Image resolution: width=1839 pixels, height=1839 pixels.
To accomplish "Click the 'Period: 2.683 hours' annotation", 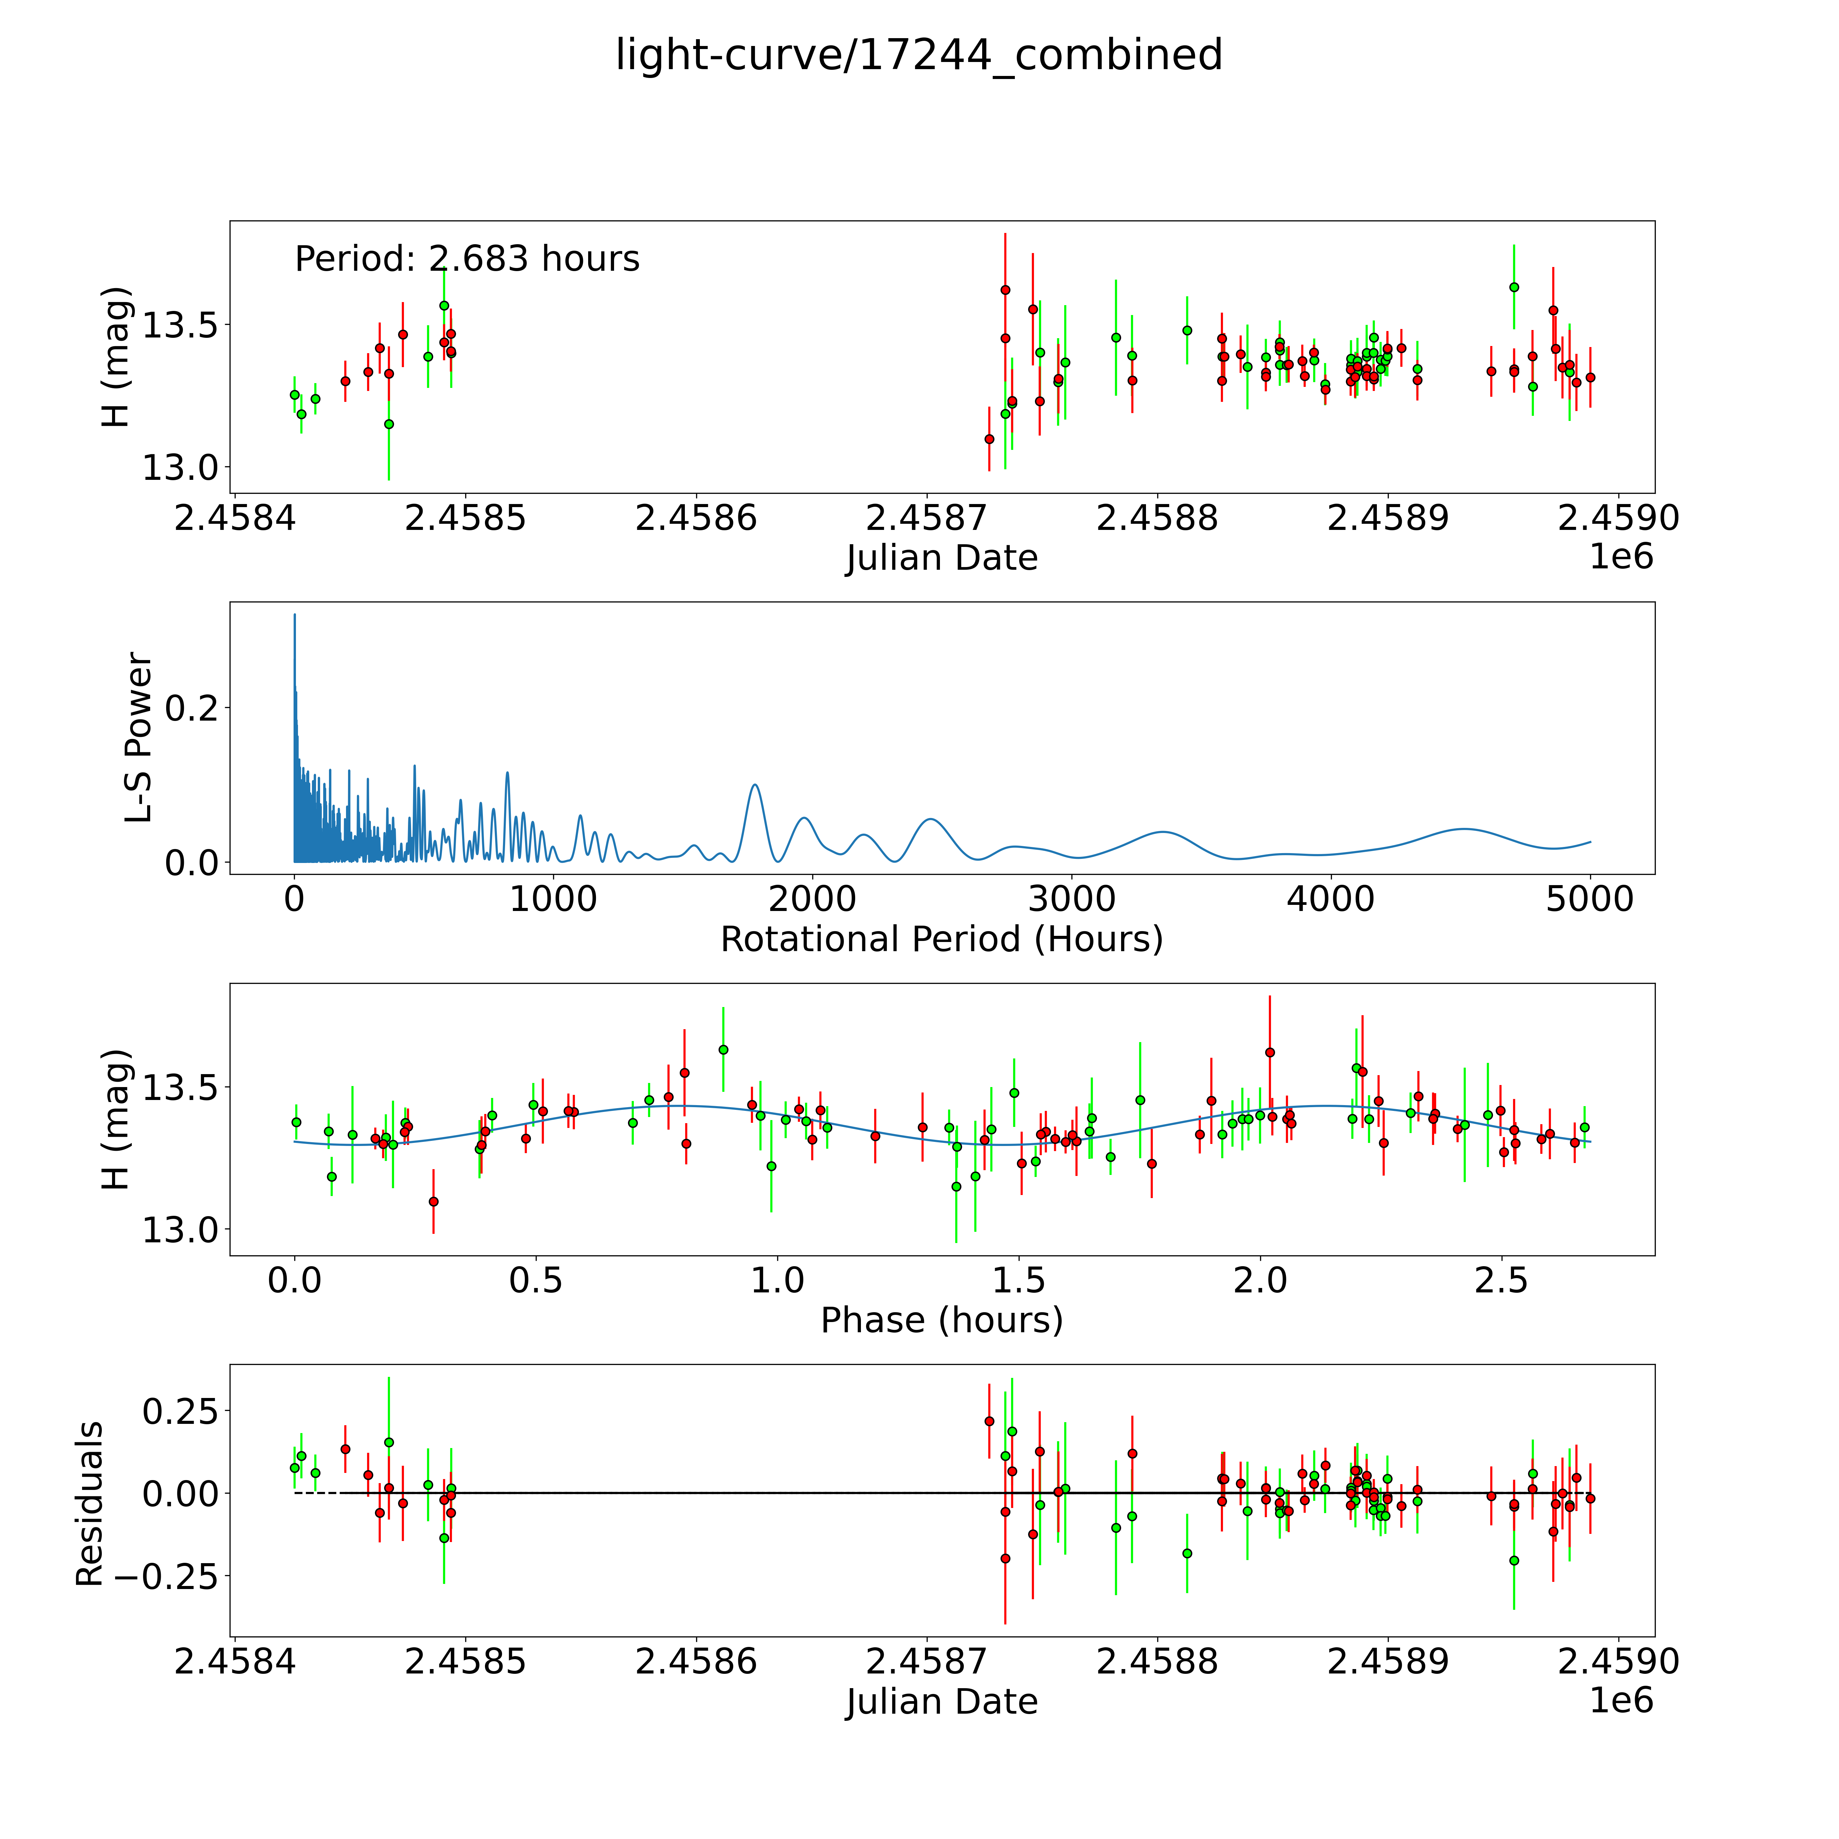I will [x=467, y=259].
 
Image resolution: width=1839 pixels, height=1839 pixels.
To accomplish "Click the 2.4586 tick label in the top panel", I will [x=696, y=519].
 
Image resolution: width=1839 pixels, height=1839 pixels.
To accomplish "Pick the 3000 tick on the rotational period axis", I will [x=1072, y=899].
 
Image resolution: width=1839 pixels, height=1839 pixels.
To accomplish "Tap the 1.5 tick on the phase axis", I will [x=1019, y=1280].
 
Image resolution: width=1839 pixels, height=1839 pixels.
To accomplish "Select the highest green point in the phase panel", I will [x=723, y=1049].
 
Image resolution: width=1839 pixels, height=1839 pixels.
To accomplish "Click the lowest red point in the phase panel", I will [x=433, y=1201].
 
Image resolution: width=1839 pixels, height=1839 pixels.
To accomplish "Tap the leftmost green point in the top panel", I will [x=294, y=394].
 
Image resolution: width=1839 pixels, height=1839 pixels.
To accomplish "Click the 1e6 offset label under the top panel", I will [x=1621, y=557].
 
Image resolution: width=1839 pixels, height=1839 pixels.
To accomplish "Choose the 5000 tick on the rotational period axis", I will [x=1590, y=899].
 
